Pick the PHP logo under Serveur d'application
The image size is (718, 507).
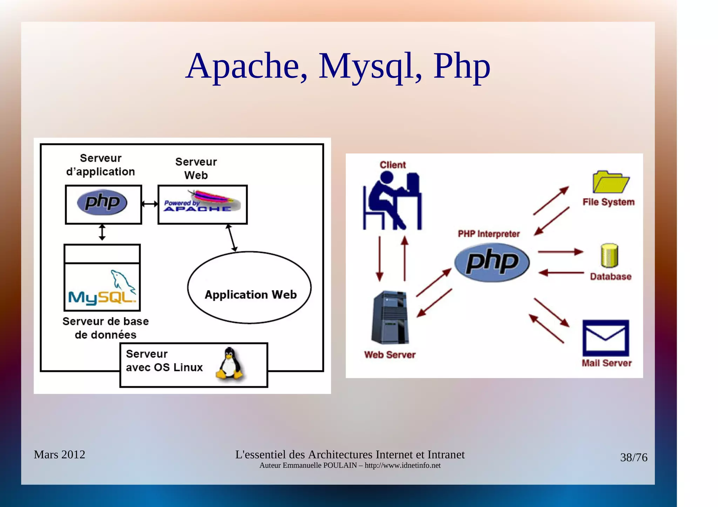pos(102,203)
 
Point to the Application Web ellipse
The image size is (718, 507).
pos(249,287)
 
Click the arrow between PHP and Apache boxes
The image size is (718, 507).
pos(150,204)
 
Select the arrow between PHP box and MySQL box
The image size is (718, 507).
pos(102,232)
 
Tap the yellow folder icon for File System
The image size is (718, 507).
pos(610,182)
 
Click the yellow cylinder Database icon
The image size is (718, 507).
pos(609,255)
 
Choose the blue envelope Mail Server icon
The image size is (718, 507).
pos(605,338)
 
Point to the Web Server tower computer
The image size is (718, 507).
pos(390,317)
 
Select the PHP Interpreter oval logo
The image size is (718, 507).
pos(492,262)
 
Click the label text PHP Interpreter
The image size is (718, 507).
pos(489,234)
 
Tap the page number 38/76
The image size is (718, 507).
pos(634,458)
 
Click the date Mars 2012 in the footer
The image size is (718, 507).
pos(59,454)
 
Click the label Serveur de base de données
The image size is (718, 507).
pos(106,328)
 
